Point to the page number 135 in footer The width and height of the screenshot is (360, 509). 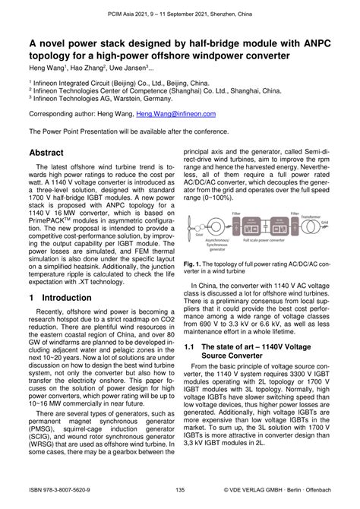pos(180,501)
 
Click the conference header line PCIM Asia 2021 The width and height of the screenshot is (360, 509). pos(180,8)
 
